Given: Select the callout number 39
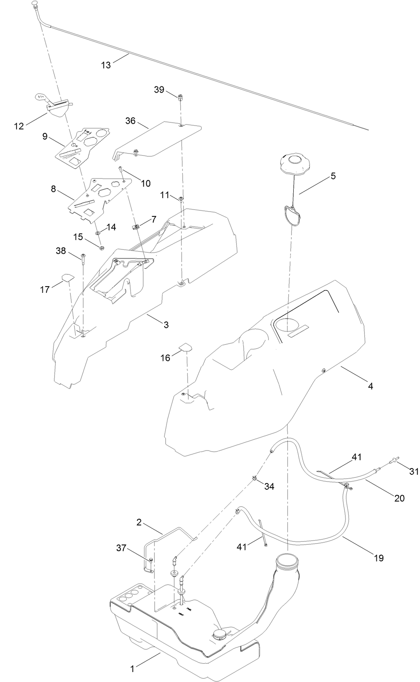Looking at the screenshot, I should (159, 90).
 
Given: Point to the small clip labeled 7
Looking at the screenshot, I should (135, 227).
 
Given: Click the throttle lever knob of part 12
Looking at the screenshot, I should (42, 98).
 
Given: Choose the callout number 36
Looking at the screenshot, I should (130, 120).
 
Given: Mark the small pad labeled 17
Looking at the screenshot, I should (68, 277).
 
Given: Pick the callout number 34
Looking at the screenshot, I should (269, 486).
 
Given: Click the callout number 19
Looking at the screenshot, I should (378, 557).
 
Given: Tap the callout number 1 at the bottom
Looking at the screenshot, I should (132, 669).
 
